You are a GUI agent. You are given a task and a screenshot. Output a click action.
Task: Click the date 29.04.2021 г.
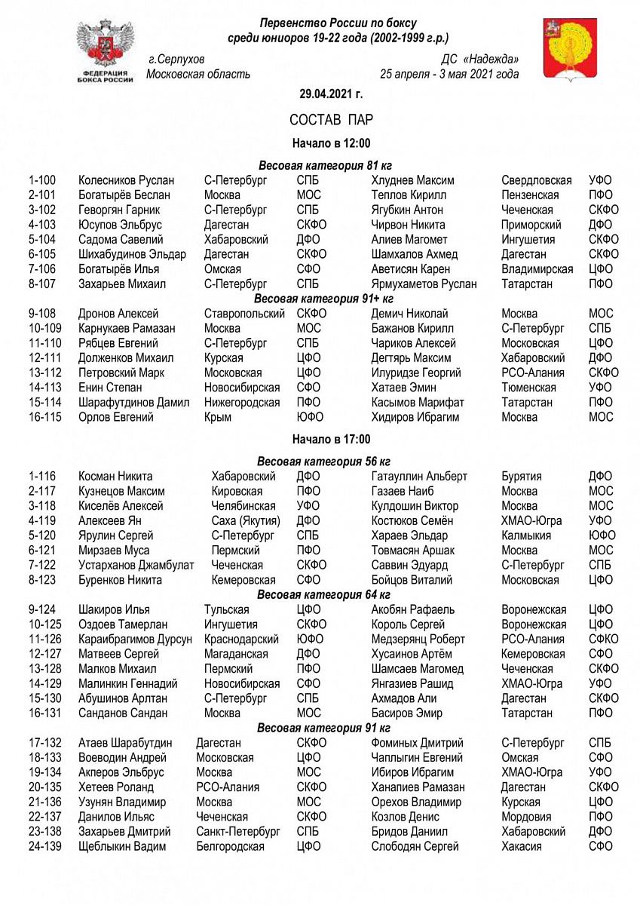(x=320, y=95)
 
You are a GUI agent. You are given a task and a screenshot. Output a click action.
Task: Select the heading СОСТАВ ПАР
(x=320, y=121)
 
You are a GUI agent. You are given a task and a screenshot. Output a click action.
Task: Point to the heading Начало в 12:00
(x=320, y=143)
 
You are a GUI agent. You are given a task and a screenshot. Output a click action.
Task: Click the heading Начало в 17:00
(x=320, y=440)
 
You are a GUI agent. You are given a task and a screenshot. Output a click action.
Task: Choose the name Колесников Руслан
(x=126, y=180)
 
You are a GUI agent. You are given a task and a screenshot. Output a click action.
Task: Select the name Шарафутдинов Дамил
(x=134, y=403)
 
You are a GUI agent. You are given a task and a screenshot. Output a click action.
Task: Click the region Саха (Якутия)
(x=246, y=521)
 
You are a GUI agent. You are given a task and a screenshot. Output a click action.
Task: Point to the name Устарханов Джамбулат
(x=136, y=566)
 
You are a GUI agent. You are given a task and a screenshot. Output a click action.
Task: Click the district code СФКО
(x=603, y=640)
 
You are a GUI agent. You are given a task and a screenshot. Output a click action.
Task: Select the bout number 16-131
(x=45, y=713)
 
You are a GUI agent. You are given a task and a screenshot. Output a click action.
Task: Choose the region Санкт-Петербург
(x=238, y=832)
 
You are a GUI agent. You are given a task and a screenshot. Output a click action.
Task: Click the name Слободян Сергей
(x=415, y=847)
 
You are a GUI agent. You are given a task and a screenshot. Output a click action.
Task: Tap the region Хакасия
(x=522, y=847)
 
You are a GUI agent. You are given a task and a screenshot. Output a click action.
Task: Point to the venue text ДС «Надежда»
(x=480, y=60)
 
